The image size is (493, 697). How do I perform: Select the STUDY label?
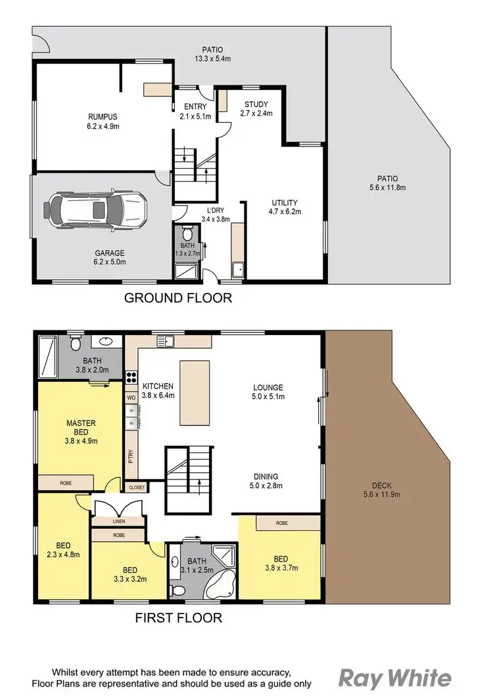point(256,104)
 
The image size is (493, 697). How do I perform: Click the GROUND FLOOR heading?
point(178,298)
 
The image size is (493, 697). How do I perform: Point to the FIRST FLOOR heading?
point(178,618)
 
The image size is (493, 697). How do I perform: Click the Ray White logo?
point(396,678)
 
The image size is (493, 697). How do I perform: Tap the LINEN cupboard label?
point(118,521)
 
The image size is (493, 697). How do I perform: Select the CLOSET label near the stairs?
point(137,487)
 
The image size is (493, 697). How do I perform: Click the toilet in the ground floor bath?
point(187,233)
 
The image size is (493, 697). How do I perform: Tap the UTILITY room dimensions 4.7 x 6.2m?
point(284,212)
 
